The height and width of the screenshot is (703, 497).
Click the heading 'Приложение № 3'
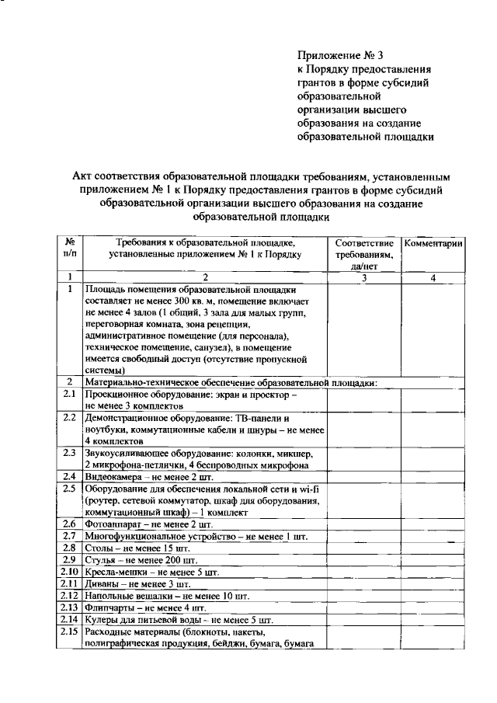coord(341,55)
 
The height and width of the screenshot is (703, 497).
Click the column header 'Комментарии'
coord(434,244)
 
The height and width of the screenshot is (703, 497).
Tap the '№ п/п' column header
coord(69,248)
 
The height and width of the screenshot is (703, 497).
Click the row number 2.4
coord(69,476)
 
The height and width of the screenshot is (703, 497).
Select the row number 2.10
coord(69,572)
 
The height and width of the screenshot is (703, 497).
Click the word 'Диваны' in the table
coord(103,583)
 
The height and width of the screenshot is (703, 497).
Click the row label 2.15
coord(69,632)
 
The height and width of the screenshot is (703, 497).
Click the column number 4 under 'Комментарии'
coord(434,277)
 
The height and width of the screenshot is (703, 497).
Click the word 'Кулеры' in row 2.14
coord(104,620)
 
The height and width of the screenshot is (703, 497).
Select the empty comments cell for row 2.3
coord(434,458)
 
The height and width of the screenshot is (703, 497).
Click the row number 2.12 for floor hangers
coord(69,596)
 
